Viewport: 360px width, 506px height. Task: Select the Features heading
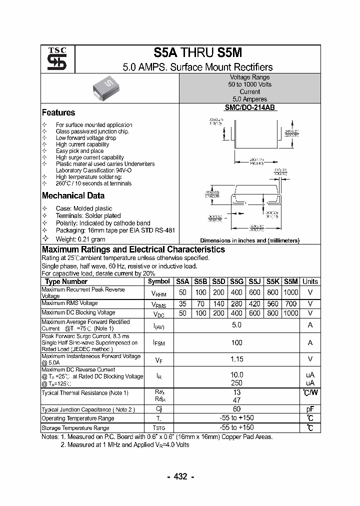click(x=58, y=113)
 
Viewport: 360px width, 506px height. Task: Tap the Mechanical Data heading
click(x=73, y=196)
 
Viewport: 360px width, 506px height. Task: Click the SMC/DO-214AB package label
click(x=250, y=107)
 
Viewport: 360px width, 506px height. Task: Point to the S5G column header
click(x=236, y=281)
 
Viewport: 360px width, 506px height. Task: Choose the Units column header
click(x=310, y=281)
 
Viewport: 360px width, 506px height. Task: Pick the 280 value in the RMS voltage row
click(x=236, y=303)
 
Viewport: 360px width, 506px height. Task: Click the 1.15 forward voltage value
click(x=236, y=359)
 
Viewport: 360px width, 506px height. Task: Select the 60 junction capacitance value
click(x=236, y=409)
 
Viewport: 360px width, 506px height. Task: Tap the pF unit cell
click(x=310, y=409)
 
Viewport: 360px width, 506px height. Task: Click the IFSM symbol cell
click(x=158, y=343)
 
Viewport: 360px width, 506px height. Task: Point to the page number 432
click(x=180, y=476)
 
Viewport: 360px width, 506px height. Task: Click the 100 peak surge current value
click(x=236, y=342)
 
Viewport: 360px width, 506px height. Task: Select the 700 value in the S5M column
click(x=290, y=303)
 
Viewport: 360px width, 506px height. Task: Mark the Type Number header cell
click(x=66, y=281)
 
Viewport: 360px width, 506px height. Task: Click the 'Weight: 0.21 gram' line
click(x=80, y=239)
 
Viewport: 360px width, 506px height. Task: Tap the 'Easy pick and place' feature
click(x=79, y=151)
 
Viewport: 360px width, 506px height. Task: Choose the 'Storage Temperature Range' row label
click(x=75, y=428)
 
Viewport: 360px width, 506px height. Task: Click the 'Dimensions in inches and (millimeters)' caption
click(x=249, y=240)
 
